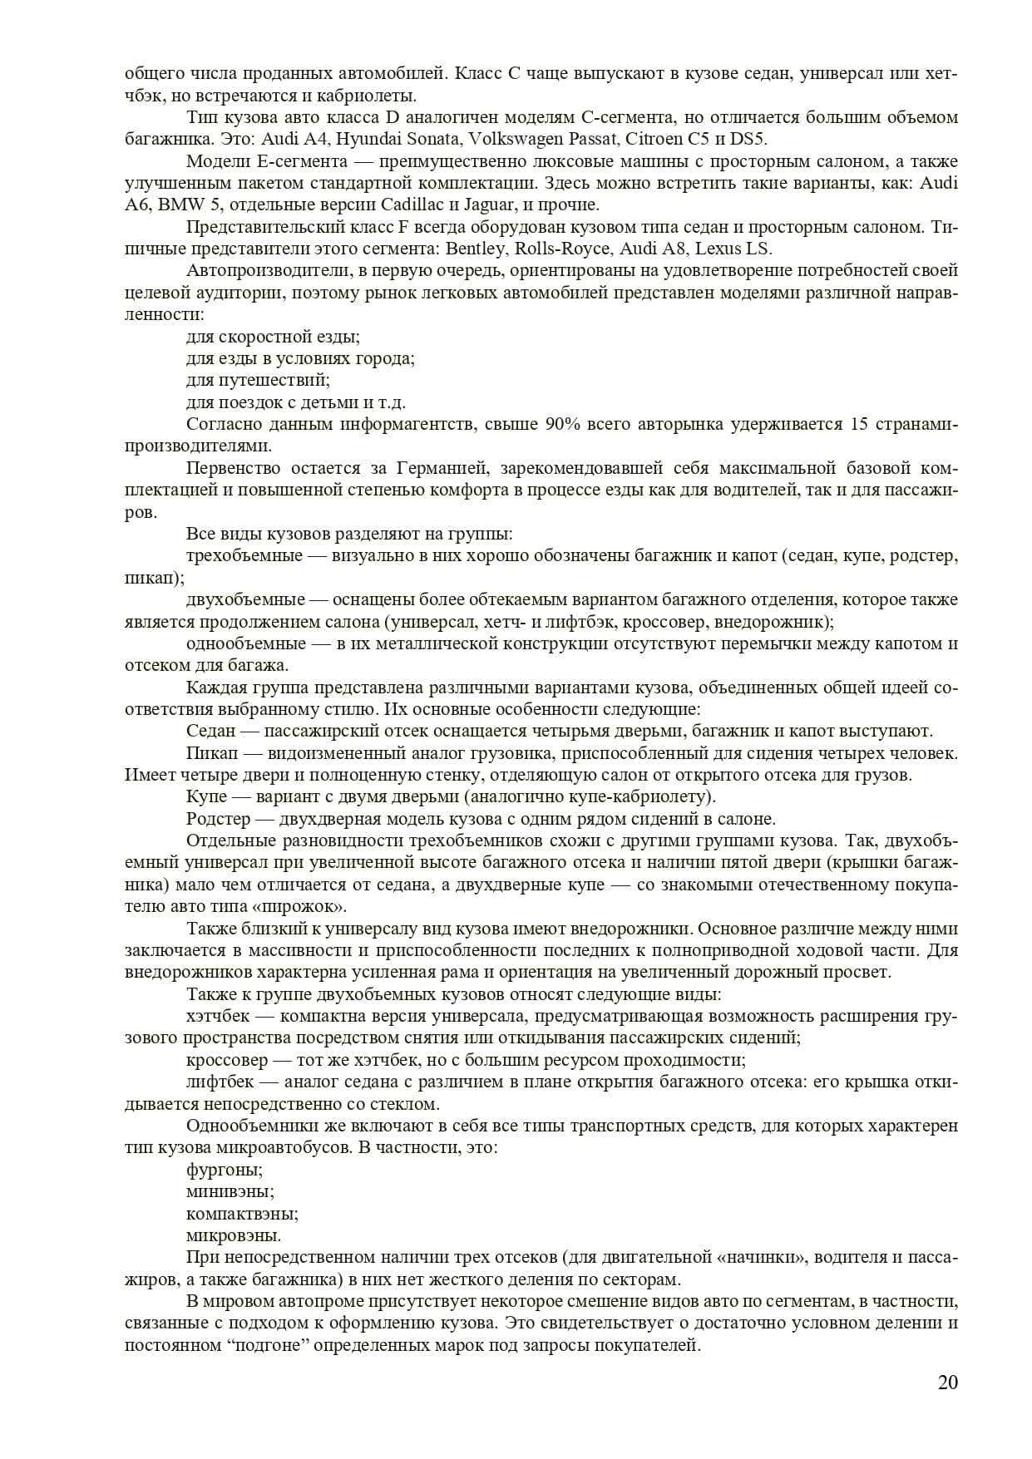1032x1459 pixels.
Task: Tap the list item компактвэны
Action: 242,1213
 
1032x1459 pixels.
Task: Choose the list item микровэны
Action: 234,1235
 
